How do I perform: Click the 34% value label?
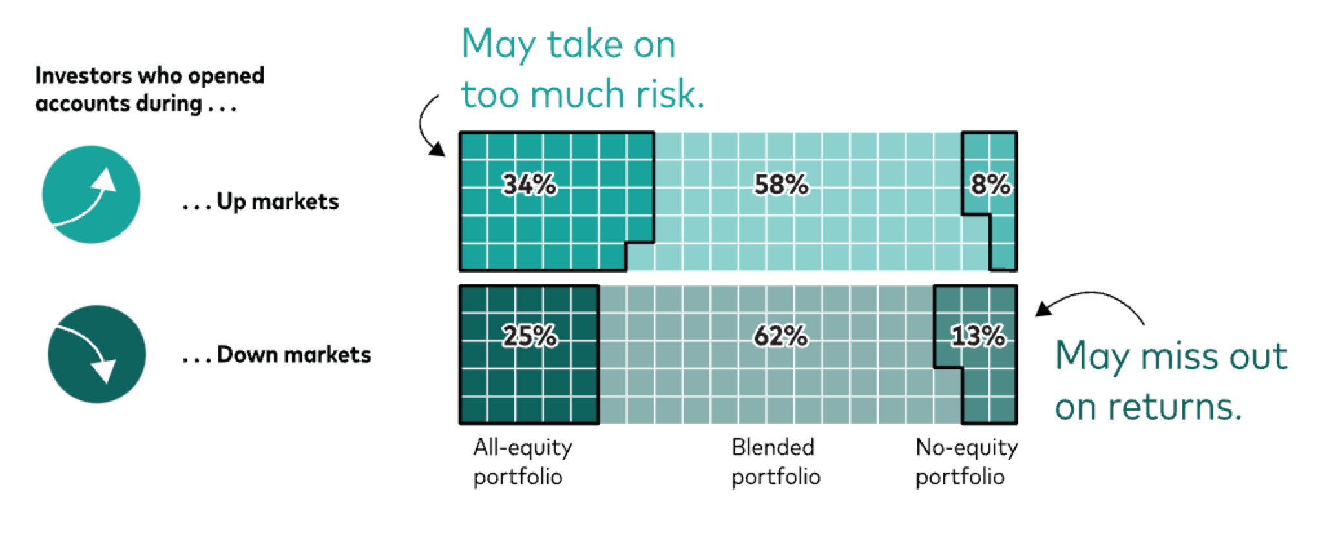click(x=529, y=185)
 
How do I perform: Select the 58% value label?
click(x=780, y=185)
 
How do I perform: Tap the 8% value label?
click(x=990, y=185)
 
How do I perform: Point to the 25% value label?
click(x=529, y=336)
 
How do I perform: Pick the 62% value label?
click(x=780, y=336)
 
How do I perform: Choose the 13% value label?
click(x=978, y=336)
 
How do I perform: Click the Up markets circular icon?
click(x=91, y=194)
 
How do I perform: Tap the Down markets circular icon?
click(x=97, y=354)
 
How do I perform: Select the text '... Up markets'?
click(x=260, y=202)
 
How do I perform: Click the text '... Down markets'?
click(x=277, y=355)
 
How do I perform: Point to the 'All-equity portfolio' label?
click(x=522, y=462)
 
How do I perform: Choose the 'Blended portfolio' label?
click(x=775, y=462)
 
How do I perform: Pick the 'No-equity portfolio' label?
click(x=966, y=462)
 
